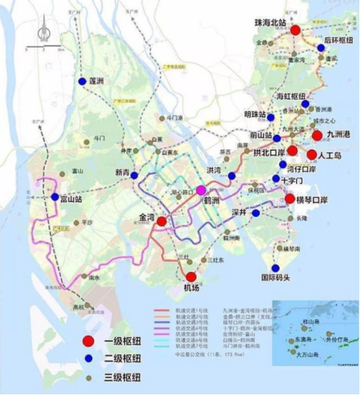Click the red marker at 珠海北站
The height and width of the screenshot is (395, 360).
296,30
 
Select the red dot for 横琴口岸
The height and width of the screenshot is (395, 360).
290,198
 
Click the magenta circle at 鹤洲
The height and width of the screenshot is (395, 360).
201,190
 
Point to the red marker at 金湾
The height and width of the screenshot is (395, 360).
161,221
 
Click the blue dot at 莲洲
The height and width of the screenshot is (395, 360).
82,81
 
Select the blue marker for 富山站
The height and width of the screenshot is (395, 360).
55,197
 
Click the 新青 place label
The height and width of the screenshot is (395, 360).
123,172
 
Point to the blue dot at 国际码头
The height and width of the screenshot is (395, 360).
274,267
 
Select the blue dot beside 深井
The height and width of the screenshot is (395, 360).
256,213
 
